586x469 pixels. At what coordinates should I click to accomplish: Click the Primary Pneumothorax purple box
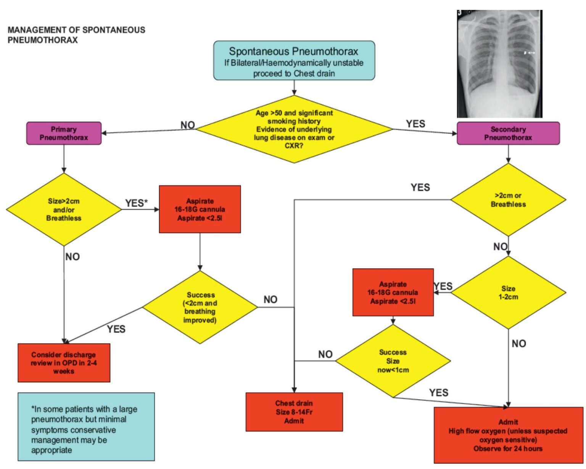click(x=64, y=133)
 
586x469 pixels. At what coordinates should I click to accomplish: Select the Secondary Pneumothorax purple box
click(x=508, y=133)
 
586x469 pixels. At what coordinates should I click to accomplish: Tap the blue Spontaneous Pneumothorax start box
click(x=294, y=61)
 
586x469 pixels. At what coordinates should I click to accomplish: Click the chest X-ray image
click(x=499, y=64)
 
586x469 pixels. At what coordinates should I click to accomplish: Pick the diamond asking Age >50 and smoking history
click(x=294, y=129)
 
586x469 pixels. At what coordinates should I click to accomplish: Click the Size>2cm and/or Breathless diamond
click(x=64, y=210)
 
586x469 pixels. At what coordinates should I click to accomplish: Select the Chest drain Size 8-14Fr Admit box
click(x=294, y=412)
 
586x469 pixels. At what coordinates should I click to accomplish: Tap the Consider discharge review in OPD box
click(x=64, y=363)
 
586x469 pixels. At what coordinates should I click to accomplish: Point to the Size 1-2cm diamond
click(x=508, y=292)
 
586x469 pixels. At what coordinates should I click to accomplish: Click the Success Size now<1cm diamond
click(x=393, y=361)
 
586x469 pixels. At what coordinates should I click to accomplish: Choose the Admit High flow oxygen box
click(x=508, y=435)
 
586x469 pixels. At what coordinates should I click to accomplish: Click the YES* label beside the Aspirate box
click(x=136, y=203)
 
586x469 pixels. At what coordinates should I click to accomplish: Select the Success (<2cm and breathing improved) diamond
click(x=200, y=307)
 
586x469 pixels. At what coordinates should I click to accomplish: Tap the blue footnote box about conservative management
click(x=86, y=427)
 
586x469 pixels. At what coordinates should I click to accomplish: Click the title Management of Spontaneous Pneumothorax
click(x=76, y=35)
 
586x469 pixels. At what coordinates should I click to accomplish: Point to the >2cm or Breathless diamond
click(x=508, y=200)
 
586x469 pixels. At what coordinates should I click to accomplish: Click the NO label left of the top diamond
click(x=188, y=125)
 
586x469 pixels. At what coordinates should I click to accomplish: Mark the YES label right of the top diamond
click(x=415, y=124)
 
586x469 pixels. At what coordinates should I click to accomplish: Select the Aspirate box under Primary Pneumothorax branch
click(x=200, y=209)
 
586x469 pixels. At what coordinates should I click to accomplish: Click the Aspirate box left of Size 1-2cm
click(x=393, y=292)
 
